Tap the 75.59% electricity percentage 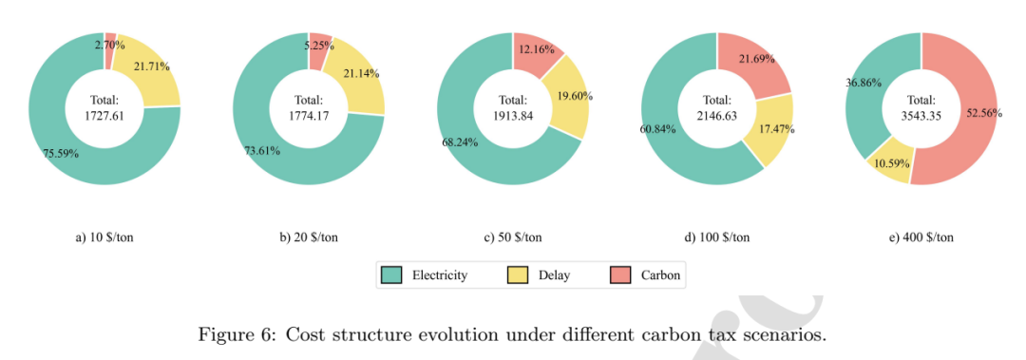(62, 155)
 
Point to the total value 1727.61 (104, 115)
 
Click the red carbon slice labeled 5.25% (320, 43)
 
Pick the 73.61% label (262, 151)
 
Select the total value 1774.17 (309, 115)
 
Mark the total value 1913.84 (513, 115)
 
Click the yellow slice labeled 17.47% (772, 131)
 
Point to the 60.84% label (657, 128)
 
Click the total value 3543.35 (921, 115)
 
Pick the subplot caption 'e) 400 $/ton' (921, 237)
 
